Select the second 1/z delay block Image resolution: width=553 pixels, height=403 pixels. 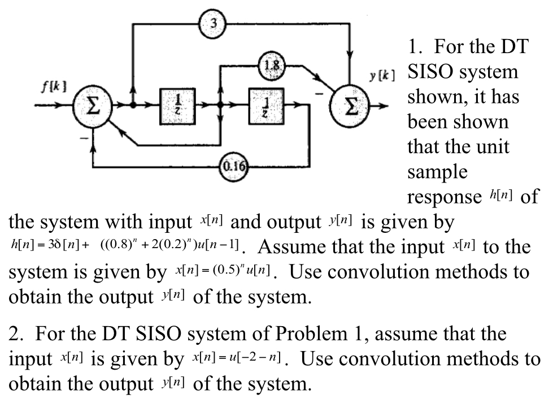click(265, 105)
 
